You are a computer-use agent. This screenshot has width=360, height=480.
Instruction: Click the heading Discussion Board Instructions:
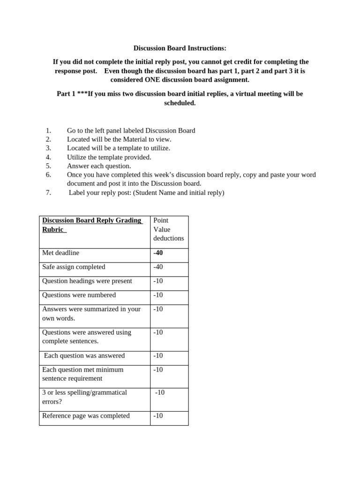pyautogui.click(x=180, y=48)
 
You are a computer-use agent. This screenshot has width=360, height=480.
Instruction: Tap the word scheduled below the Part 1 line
pyautogui.click(x=180, y=103)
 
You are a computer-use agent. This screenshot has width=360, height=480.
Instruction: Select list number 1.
pyautogui.click(x=48, y=131)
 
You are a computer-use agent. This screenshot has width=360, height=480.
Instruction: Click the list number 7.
pyautogui.click(x=48, y=193)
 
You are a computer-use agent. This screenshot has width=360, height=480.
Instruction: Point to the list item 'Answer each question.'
pyautogui.click(x=99, y=166)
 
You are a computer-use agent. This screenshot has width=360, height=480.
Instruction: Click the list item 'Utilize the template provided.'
pyautogui.click(x=109, y=157)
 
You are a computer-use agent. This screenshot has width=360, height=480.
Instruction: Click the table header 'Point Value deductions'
pyautogui.click(x=168, y=229)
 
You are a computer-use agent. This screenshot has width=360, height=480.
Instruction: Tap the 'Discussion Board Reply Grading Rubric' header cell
pyautogui.click(x=92, y=225)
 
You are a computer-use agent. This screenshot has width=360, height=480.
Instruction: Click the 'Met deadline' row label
pyautogui.click(x=61, y=253)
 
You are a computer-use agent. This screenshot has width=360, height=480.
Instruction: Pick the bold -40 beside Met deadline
pyautogui.click(x=158, y=253)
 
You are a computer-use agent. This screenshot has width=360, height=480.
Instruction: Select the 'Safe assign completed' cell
pyautogui.click(x=74, y=267)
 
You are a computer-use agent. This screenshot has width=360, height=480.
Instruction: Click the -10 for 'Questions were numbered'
pyautogui.click(x=158, y=295)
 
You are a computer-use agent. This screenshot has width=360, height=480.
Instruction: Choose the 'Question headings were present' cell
pyautogui.click(x=87, y=281)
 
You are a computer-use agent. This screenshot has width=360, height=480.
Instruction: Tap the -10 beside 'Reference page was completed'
pyautogui.click(x=158, y=416)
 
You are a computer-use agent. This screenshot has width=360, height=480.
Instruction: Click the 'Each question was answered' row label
pyautogui.click(x=84, y=356)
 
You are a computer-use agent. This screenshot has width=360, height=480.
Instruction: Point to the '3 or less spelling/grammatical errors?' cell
pyautogui.click(x=84, y=397)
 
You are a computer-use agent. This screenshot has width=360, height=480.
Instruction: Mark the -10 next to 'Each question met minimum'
pyautogui.click(x=158, y=370)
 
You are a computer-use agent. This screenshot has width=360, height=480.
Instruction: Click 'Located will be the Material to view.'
pyautogui.click(x=119, y=139)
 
